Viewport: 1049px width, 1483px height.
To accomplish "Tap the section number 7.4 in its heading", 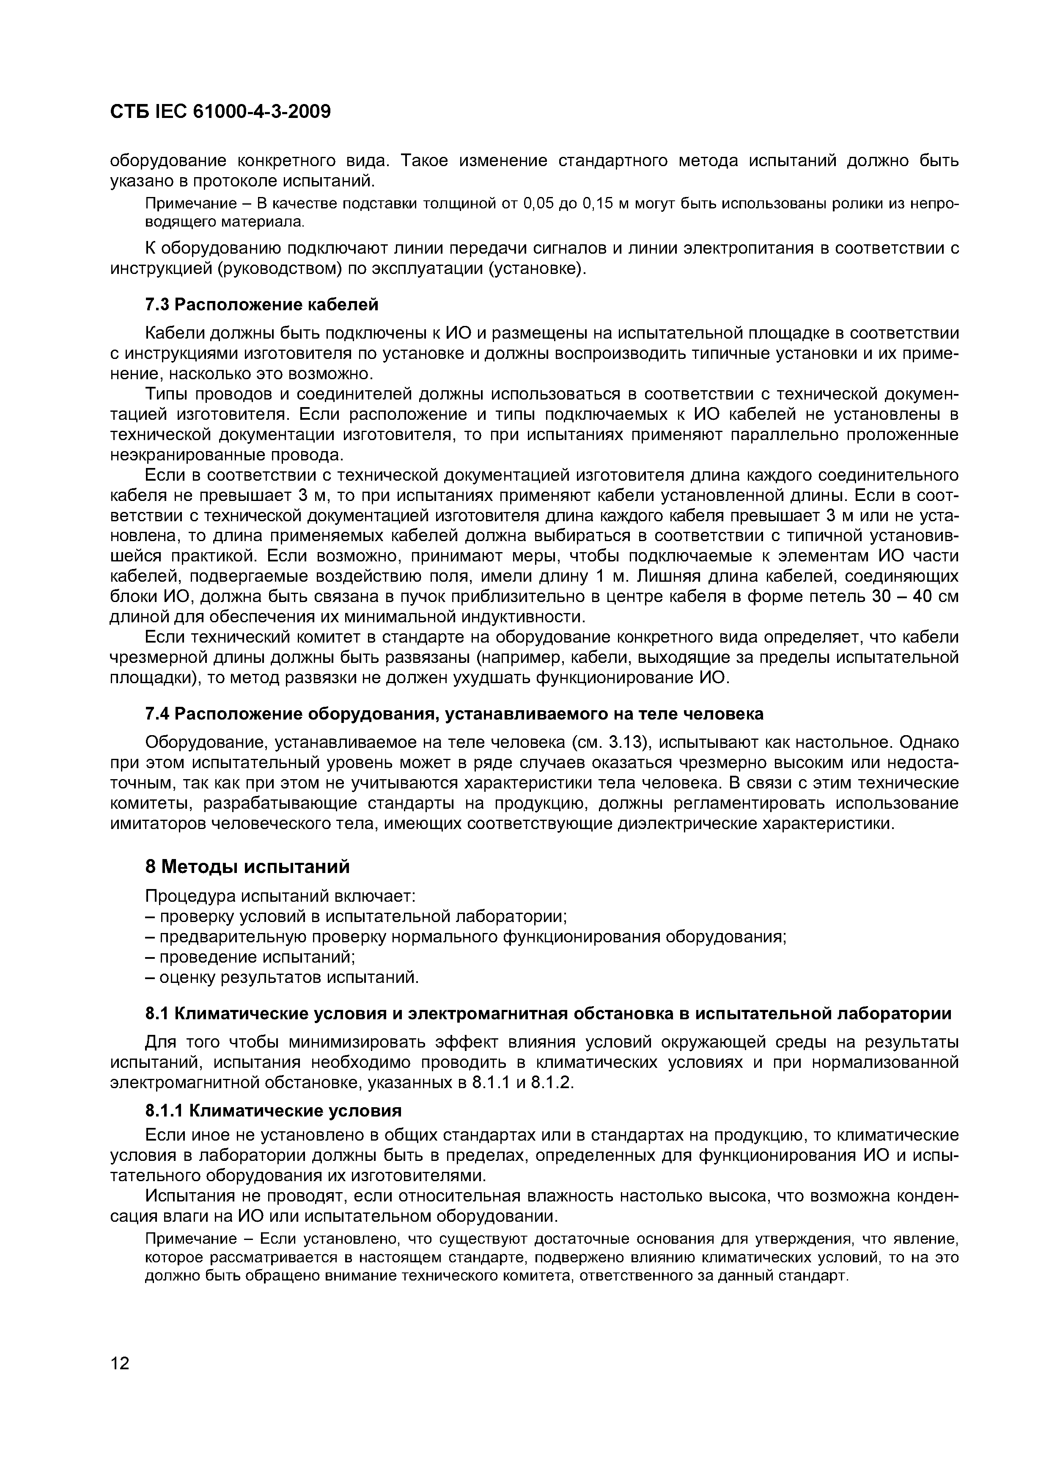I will point(157,714).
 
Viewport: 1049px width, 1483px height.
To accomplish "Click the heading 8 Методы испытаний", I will point(247,867).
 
